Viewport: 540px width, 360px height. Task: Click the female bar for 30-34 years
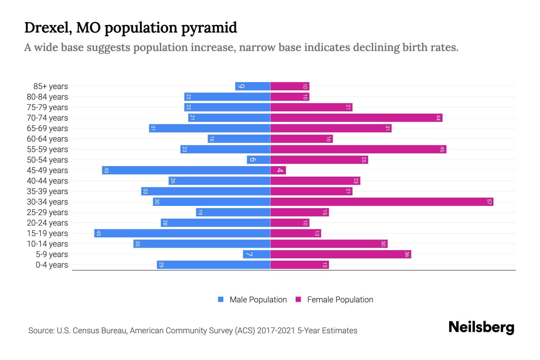point(382,202)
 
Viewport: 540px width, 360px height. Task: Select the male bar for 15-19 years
point(182,233)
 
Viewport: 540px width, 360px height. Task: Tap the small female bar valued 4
point(278,170)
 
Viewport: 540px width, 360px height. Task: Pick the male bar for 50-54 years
point(259,160)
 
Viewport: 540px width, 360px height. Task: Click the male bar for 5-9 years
point(256,254)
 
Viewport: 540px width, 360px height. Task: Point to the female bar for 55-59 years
point(358,149)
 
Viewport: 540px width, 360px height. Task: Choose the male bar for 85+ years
point(253,86)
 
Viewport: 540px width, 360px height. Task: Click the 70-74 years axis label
point(47,118)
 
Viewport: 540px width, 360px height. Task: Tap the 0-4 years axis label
point(52,265)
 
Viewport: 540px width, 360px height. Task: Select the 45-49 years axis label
point(47,170)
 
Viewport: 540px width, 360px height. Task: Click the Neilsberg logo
point(481,327)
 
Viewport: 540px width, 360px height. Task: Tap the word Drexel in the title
point(48,28)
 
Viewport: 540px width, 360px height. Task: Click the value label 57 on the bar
point(489,202)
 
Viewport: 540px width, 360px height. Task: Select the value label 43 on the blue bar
point(106,170)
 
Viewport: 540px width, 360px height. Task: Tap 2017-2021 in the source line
point(276,331)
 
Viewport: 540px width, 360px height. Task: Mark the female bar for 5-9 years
point(340,254)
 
